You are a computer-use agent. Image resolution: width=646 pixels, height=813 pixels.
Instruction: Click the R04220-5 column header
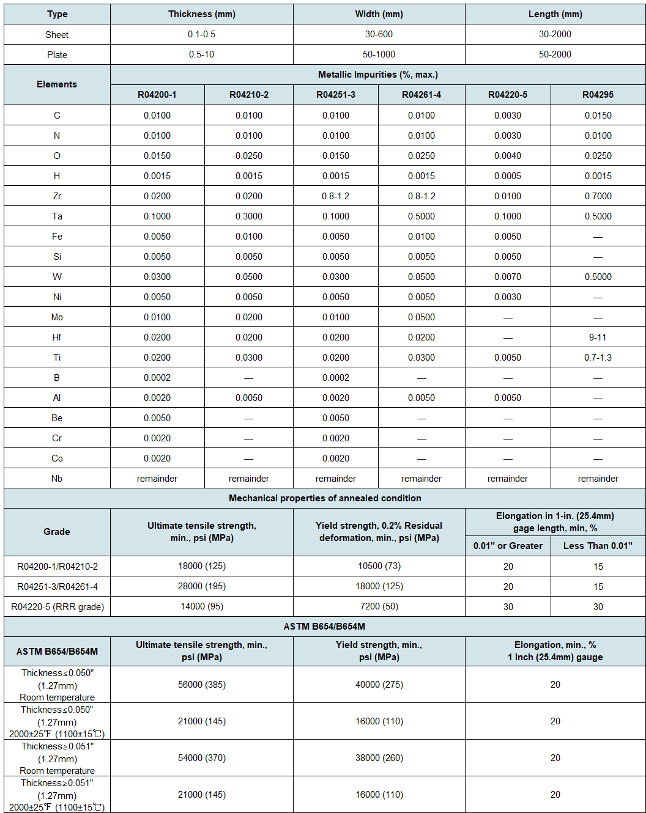pos(507,95)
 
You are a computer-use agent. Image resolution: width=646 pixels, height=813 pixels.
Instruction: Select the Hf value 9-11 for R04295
pos(598,337)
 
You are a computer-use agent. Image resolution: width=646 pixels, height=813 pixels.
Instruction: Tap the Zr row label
pos(57,196)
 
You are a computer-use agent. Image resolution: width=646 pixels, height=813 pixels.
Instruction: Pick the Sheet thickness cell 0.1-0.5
pos(201,34)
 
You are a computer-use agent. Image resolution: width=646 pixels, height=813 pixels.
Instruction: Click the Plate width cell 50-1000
pos(379,54)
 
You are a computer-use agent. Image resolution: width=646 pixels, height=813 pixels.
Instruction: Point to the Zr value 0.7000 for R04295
pos(598,196)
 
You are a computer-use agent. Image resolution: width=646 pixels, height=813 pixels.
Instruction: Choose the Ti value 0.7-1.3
pos(598,358)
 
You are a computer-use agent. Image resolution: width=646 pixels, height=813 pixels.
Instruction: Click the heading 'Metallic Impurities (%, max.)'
pos(377,75)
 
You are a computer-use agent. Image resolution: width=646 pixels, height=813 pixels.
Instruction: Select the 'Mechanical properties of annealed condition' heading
pos(325,498)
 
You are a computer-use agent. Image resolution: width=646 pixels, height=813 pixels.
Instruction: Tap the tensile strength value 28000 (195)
pos(202,586)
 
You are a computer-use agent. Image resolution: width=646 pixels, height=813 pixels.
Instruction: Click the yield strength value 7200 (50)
pos(379,606)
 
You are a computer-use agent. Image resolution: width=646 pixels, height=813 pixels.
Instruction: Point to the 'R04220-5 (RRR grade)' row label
pos(58,607)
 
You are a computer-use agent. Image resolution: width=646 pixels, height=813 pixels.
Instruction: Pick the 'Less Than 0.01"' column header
pos(598,546)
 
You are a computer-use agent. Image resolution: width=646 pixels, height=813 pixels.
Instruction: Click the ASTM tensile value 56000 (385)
pos(202,685)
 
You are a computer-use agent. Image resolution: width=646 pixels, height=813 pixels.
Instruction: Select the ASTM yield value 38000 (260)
pos(379,758)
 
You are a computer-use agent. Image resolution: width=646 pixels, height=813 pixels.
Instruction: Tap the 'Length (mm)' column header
pos(555,14)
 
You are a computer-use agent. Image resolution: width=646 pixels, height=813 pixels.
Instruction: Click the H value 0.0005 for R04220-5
pos(507,176)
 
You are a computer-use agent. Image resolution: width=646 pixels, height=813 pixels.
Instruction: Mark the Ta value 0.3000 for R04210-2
pos(248,216)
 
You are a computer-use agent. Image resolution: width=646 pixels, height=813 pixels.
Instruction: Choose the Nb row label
pos(57,479)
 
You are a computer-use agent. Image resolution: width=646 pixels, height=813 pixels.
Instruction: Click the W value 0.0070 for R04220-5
pos(507,277)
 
